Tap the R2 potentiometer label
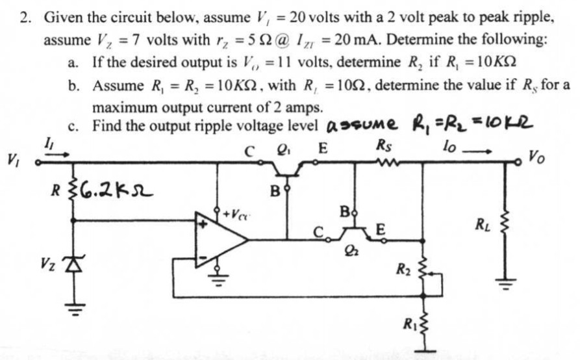coord(403,266)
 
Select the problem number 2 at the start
coord(25,18)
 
